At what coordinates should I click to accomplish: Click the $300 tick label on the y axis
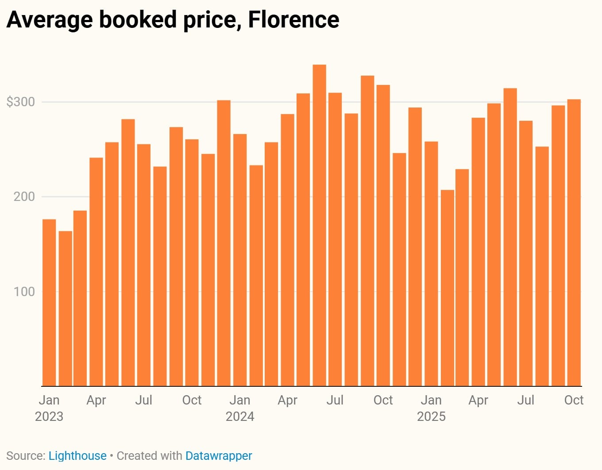coord(20,102)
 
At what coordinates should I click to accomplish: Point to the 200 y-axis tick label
coord(24,196)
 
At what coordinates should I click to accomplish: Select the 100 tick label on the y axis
coord(24,292)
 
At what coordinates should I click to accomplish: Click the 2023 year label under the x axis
coord(49,416)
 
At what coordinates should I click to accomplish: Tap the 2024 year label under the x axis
coord(240,416)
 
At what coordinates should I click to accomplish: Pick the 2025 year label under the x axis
coord(431,416)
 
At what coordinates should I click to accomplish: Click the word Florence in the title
coord(293,19)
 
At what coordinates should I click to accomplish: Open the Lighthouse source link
coord(77,456)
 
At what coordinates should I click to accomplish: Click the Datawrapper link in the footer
coord(219,456)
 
